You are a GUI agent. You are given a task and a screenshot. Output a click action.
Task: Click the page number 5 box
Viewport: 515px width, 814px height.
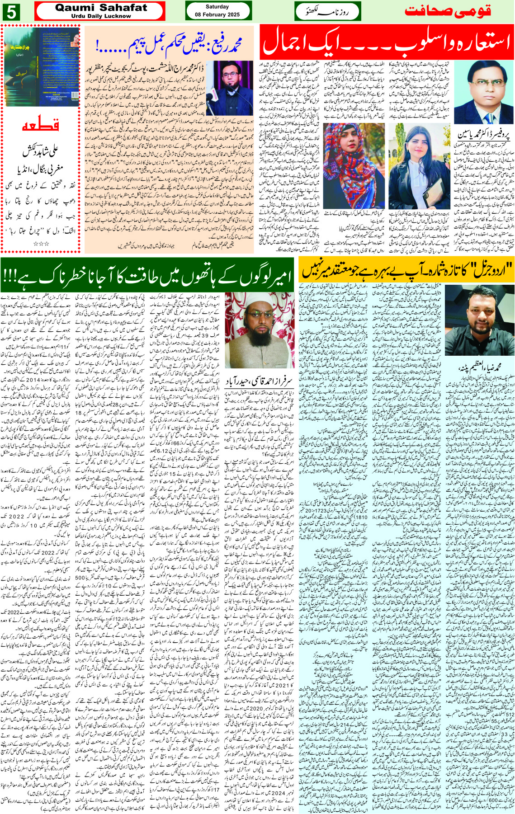10,11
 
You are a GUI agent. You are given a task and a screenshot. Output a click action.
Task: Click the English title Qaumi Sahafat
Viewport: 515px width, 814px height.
101,8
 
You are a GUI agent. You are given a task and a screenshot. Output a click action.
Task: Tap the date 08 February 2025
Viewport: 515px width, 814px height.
217,14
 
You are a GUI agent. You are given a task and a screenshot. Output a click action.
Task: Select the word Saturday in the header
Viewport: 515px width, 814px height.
217,7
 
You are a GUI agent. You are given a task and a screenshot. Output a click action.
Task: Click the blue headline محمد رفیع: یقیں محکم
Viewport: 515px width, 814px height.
169,44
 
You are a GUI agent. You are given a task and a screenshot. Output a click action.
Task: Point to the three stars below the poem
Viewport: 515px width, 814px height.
41,244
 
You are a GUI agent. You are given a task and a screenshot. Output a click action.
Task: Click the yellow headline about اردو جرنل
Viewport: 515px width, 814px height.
406,270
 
